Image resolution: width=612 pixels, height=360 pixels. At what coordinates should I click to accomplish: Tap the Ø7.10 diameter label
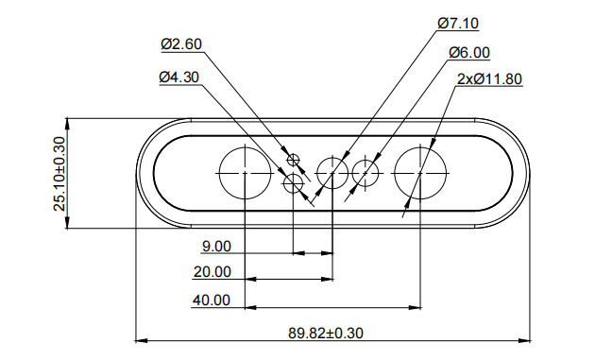click(458, 22)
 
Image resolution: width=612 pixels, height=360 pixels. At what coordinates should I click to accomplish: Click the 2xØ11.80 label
click(489, 79)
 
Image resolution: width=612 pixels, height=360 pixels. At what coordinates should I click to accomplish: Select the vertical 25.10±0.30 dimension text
click(59, 173)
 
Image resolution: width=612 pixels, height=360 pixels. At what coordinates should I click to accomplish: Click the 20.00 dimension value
click(212, 272)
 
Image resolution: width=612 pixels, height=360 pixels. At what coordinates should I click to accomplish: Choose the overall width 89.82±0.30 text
click(326, 332)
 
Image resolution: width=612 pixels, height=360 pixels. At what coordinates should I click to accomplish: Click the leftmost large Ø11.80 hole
click(245, 172)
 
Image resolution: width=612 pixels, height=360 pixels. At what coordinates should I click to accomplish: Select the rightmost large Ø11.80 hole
click(420, 172)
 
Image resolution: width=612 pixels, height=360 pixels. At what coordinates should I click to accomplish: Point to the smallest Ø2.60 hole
click(293, 158)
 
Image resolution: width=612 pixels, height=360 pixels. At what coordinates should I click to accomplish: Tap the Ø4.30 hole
click(294, 180)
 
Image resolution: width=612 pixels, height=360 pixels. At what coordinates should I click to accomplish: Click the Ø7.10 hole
click(332, 172)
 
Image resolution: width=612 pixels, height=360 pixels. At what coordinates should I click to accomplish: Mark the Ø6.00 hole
click(365, 172)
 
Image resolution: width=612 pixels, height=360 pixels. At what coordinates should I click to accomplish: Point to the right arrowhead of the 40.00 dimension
click(416, 307)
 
